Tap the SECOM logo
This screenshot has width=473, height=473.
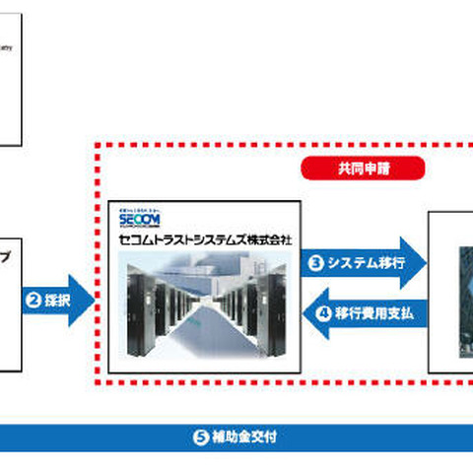[x=138, y=218]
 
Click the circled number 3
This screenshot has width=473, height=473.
[x=317, y=263]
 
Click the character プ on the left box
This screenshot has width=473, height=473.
[x=6, y=251]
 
